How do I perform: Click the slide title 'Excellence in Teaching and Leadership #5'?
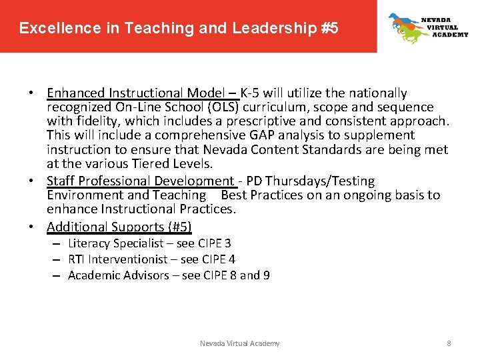(x=179, y=28)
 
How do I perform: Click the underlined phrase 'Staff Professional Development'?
(x=139, y=181)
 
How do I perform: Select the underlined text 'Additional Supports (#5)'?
(x=119, y=227)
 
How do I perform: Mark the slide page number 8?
(x=449, y=343)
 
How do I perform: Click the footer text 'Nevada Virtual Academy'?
(x=240, y=343)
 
